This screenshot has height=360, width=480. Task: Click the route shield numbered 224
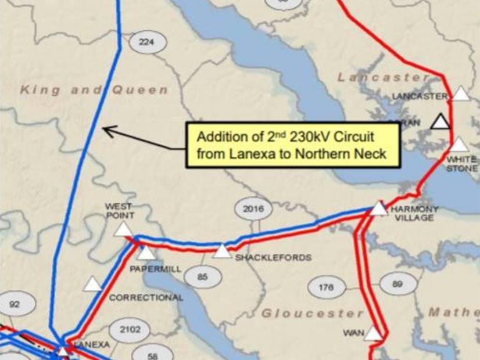(148, 42)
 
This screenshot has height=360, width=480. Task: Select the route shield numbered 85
(202, 277)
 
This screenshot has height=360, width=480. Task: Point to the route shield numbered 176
(327, 287)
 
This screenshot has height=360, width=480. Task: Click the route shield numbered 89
(397, 283)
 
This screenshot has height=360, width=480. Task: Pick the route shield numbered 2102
(130, 329)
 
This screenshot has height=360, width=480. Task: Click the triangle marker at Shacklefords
(222, 251)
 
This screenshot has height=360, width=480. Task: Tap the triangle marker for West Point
(123, 229)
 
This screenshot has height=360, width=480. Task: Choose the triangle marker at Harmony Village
(379, 208)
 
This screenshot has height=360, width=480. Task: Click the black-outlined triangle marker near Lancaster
(441, 121)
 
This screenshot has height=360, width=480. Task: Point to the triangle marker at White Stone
(458, 145)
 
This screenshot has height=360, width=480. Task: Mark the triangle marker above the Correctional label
(93, 284)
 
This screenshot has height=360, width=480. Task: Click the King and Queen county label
(94, 90)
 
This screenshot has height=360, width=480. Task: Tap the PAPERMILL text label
(155, 269)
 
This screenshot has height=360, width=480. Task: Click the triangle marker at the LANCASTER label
(461, 93)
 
